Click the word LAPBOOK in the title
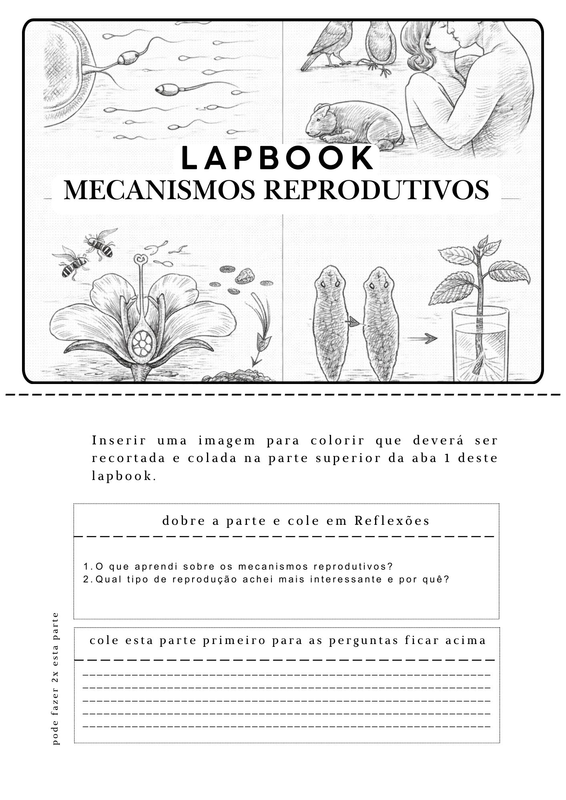click(277, 158)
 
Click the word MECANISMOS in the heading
click(159, 190)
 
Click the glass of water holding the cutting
click(480, 344)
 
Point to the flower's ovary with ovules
click(141, 343)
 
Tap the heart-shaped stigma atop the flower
click(140, 260)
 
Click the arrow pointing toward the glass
click(422, 338)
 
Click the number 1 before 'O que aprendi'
click(86, 567)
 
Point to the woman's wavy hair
click(420, 56)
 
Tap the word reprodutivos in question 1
click(353, 567)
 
